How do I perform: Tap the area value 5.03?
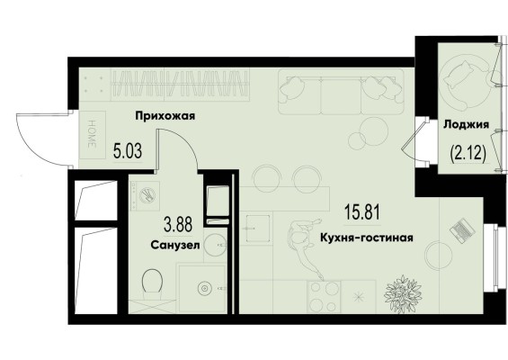click(128, 150)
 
